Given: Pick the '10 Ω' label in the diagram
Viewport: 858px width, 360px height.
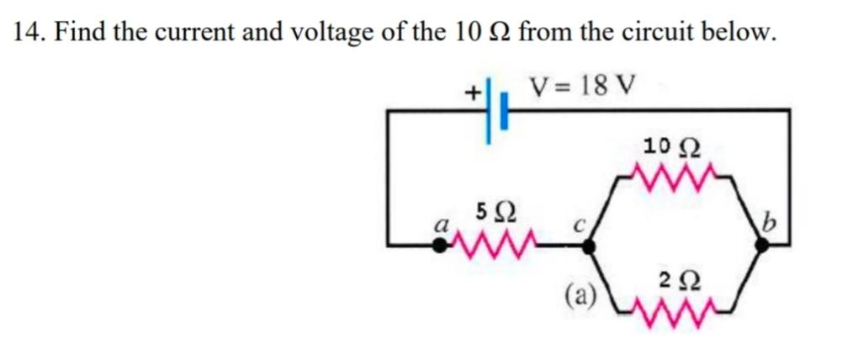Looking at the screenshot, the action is pos(670,147).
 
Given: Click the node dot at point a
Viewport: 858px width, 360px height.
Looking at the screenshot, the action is pos(439,245).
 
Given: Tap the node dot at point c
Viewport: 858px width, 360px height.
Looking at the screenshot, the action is pos(589,245).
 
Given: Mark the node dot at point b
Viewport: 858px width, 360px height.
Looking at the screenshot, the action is pos(762,245).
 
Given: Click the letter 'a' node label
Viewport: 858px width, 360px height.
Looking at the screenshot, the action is pos(438,225).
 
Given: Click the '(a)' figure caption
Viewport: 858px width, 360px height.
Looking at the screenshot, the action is pos(580,294).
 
